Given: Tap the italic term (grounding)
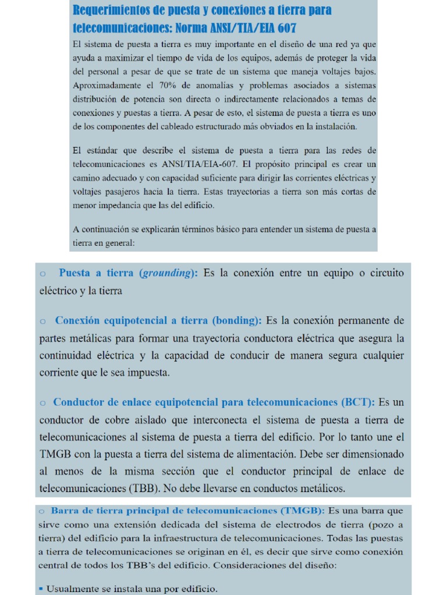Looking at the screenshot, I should click(169, 273).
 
